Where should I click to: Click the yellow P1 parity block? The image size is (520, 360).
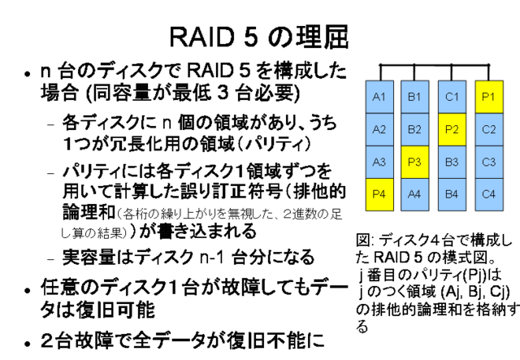pyautogui.click(x=488, y=96)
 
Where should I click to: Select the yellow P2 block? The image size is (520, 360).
pyautogui.click(x=452, y=128)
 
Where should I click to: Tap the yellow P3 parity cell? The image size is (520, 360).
pyautogui.click(x=414, y=161)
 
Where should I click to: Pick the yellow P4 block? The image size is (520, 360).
pyautogui.click(x=379, y=193)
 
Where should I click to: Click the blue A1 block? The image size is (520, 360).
pyautogui.click(x=379, y=96)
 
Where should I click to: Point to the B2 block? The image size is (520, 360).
pyautogui.click(x=414, y=128)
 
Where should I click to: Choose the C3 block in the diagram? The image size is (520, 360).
pyautogui.click(x=488, y=161)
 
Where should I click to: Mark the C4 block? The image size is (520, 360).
pyautogui.click(x=488, y=193)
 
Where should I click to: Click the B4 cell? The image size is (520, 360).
pyautogui.click(x=452, y=193)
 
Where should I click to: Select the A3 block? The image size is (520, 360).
pyautogui.click(x=379, y=161)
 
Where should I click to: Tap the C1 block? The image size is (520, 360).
pyautogui.click(x=452, y=96)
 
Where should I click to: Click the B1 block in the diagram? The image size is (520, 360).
pyautogui.click(x=414, y=96)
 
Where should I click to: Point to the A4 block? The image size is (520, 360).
pyautogui.click(x=414, y=193)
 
